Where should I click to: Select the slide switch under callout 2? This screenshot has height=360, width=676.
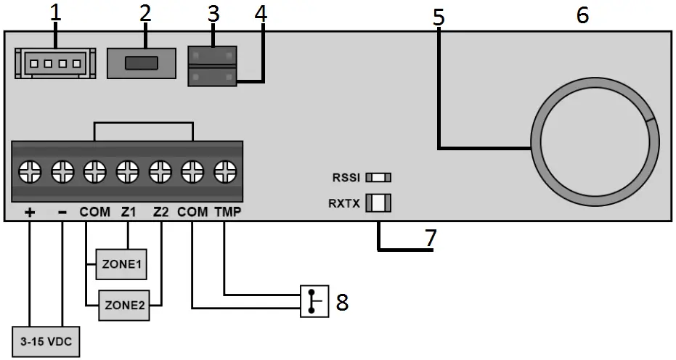(x=142, y=63)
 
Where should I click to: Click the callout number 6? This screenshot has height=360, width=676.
(x=582, y=15)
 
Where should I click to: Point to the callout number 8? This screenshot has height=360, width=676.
(x=341, y=302)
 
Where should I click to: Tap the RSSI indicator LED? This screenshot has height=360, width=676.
(x=378, y=177)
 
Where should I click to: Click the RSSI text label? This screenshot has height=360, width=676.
(x=346, y=177)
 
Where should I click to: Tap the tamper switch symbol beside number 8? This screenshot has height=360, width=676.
(x=313, y=301)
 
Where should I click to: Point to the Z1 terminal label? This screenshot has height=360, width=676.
(x=129, y=213)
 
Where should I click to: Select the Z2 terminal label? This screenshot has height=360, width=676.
(x=161, y=213)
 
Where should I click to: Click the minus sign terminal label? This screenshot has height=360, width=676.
(x=62, y=213)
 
